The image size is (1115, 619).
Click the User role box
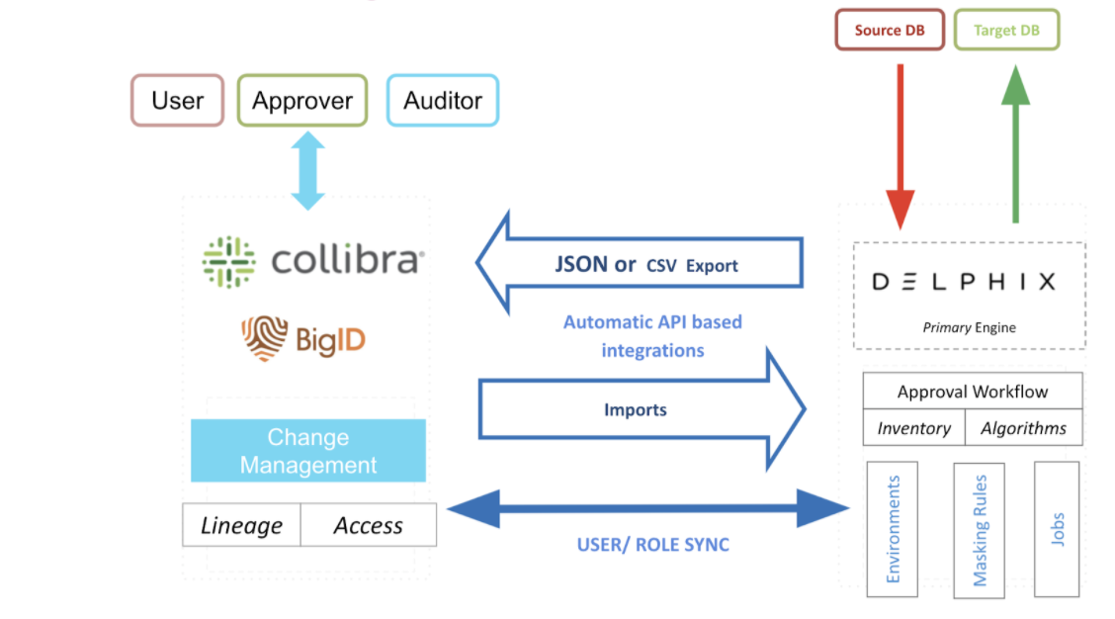coord(178,100)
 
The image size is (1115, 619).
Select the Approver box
coord(302,100)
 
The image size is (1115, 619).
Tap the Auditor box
coord(442,100)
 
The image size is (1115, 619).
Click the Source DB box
coord(890,30)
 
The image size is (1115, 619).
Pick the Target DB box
coord(1006,30)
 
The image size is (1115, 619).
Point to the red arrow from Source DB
coord(901,146)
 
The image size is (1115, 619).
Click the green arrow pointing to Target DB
coord(1015,143)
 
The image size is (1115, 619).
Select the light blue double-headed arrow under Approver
coord(307,171)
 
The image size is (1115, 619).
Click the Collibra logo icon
coord(228,262)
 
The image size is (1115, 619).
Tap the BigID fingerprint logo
coord(265,338)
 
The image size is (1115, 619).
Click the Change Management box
coord(307,450)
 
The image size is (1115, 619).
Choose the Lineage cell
coord(242,525)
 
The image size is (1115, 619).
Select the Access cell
coord(369,525)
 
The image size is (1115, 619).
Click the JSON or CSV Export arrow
coord(640,263)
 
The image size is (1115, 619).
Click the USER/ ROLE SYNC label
coord(652,544)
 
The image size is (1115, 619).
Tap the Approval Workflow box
coord(973,391)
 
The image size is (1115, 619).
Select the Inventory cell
coord(913,427)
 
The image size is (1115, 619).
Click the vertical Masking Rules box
coord(980,530)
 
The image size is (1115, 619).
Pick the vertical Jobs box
coord(1057,529)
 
